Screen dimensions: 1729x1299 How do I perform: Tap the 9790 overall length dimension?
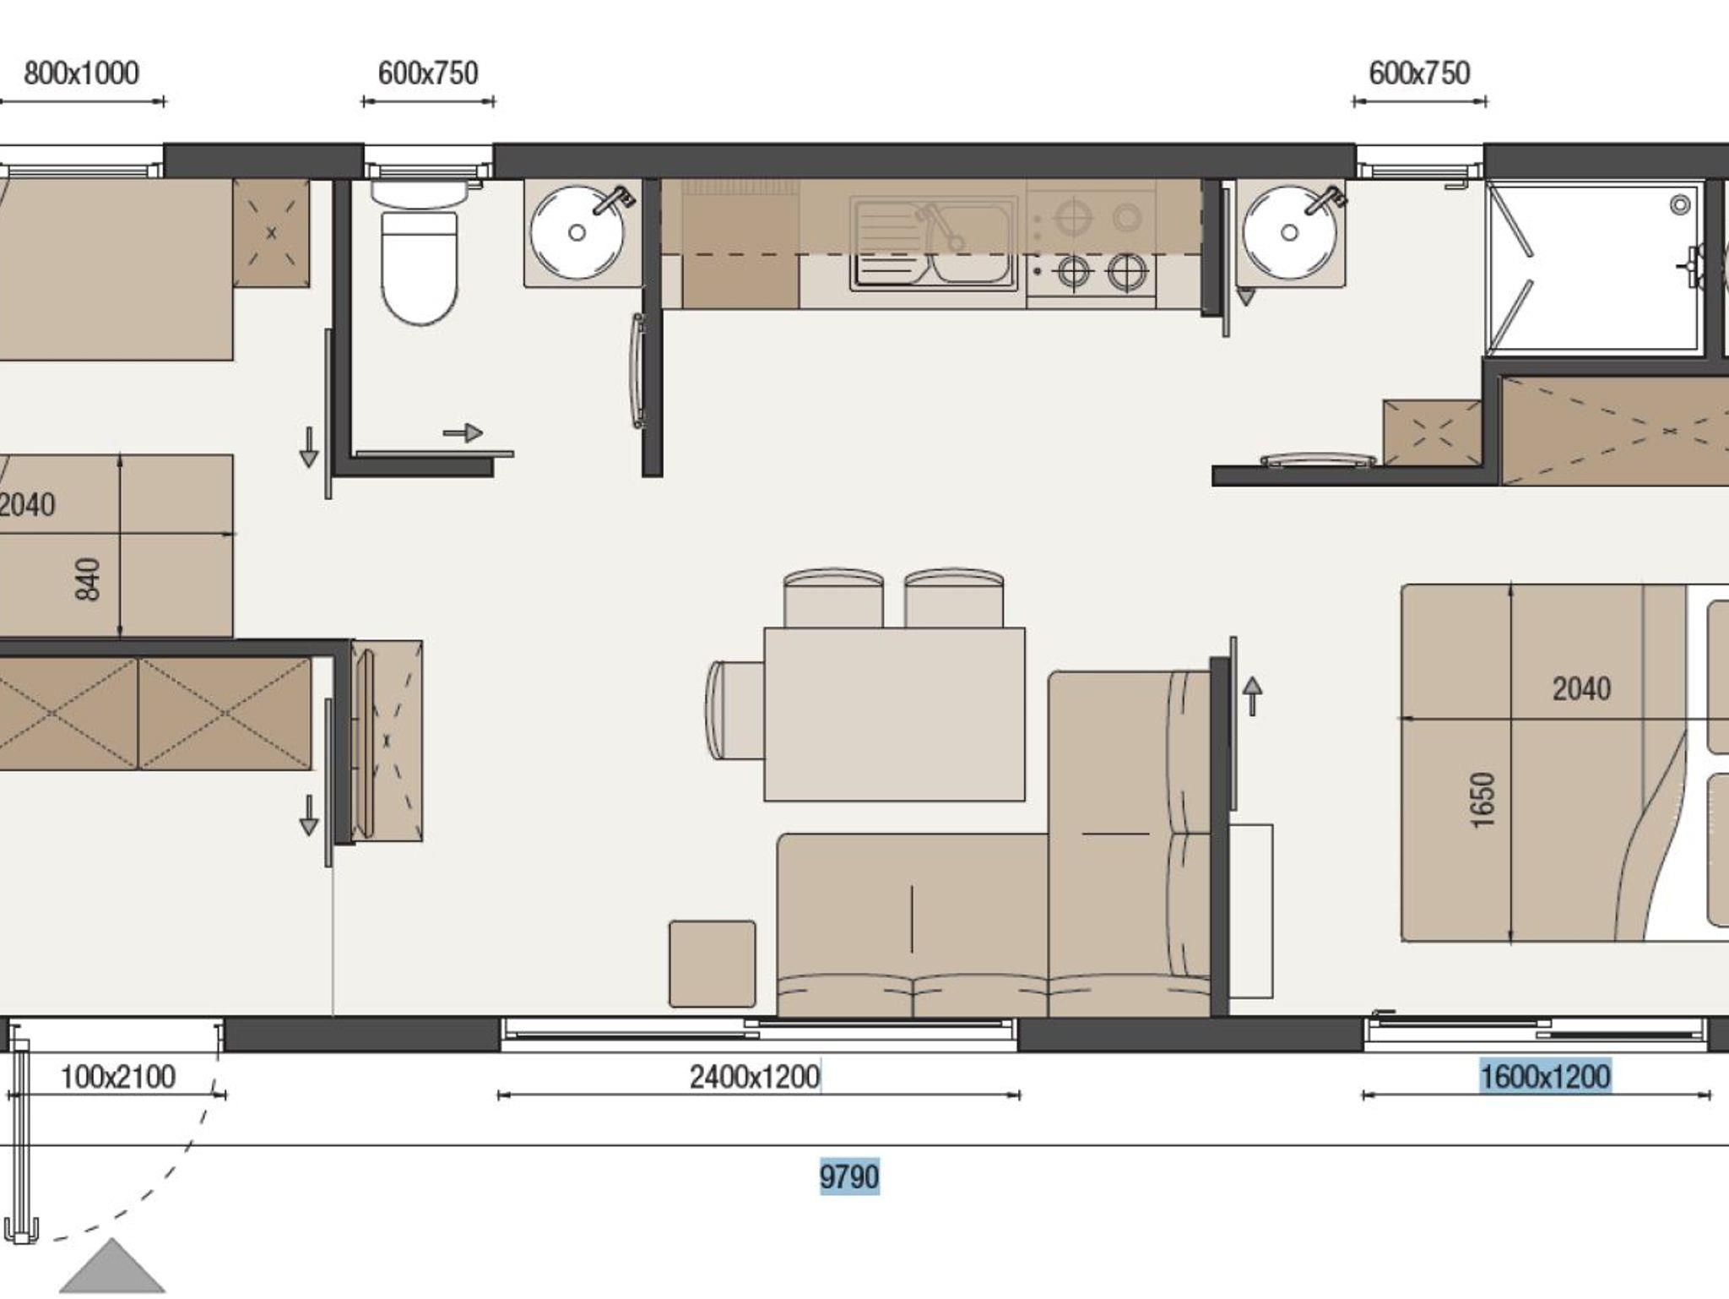tap(849, 1177)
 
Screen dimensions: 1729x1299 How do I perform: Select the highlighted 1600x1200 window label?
tap(1546, 1077)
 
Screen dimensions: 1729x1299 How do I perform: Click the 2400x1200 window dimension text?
tap(755, 1077)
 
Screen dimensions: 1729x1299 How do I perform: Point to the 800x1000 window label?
tap(81, 73)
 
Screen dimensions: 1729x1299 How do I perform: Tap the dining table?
tap(894, 714)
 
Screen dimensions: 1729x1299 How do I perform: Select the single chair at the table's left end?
tap(734, 709)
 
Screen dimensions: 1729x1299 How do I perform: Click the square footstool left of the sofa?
tap(713, 964)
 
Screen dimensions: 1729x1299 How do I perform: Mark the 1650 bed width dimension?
tap(1482, 800)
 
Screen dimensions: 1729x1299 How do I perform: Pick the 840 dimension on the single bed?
tap(88, 579)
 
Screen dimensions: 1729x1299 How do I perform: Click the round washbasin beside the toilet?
tap(577, 231)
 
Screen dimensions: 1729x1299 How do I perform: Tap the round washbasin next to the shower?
tap(1289, 231)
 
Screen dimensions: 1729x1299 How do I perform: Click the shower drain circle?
tap(1680, 204)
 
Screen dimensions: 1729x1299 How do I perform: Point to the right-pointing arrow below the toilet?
tap(463, 433)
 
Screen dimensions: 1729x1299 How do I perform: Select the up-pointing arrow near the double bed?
tap(1253, 696)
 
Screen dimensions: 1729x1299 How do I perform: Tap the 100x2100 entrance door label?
tap(118, 1077)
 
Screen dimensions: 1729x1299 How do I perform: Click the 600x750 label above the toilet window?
tap(428, 73)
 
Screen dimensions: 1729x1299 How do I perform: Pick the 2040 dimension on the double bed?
tap(1581, 689)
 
